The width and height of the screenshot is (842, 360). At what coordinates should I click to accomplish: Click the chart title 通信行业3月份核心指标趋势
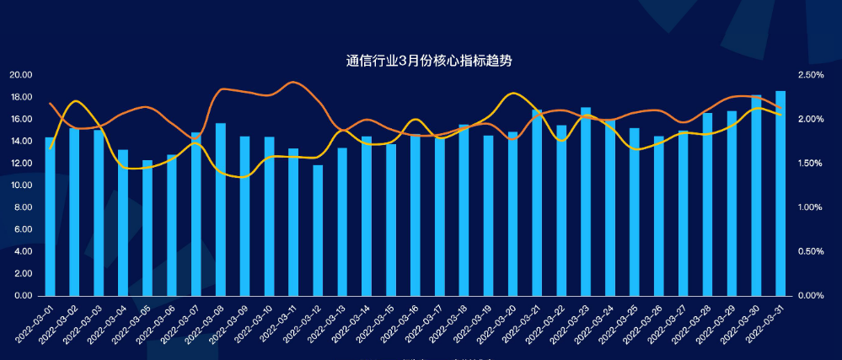pyautogui.click(x=429, y=61)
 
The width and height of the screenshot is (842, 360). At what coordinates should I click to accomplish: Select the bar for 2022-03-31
pyautogui.click(x=780, y=194)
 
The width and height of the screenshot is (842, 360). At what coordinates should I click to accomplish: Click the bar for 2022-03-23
pyautogui.click(x=586, y=202)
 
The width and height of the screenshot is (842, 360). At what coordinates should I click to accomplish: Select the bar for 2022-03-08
pyautogui.click(x=221, y=210)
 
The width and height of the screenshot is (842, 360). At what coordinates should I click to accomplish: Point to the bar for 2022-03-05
pyautogui.click(x=147, y=228)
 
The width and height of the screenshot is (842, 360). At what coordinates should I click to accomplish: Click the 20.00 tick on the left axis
pyautogui.click(x=20, y=75)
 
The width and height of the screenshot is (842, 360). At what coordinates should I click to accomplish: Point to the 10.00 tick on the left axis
pyautogui.click(x=20, y=185)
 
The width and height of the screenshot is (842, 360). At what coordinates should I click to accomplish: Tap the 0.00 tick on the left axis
pyautogui.click(x=23, y=296)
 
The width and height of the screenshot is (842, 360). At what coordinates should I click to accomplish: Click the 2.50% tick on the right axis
pyautogui.click(x=811, y=75)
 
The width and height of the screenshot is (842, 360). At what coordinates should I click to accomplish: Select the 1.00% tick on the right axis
pyautogui.click(x=811, y=207)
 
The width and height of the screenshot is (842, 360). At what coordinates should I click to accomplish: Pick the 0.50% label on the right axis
pyautogui.click(x=811, y=251)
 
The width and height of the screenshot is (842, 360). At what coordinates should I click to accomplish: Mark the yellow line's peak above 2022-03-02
pyautogui.click(x=76, y=101)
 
